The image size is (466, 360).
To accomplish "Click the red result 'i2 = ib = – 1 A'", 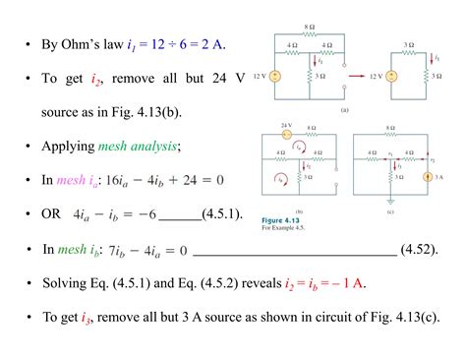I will pos(318,283).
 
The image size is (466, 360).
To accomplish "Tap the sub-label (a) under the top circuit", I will pos(344,111).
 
